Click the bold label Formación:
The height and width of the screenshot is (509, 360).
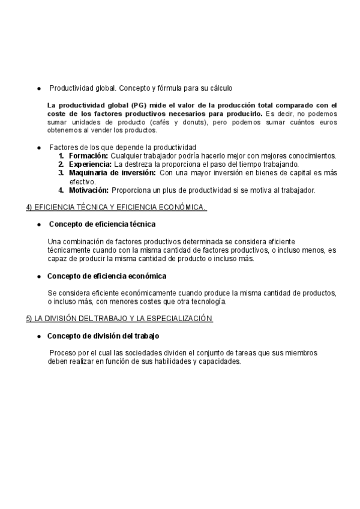point(88,156)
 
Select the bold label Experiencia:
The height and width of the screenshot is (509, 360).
point(90,164)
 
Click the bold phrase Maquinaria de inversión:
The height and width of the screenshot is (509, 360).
point(112,173)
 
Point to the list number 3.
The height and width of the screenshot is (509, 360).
point(61,173)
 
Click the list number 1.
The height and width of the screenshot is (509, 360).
point(61,156)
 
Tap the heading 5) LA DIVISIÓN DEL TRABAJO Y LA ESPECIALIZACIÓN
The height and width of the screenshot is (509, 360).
point(119,318)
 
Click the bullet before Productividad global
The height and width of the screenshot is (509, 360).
point(39,88)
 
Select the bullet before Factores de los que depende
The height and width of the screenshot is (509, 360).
point(39,147)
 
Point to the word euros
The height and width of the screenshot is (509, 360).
point(327,122)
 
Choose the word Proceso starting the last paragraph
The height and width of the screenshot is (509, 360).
point(64,353)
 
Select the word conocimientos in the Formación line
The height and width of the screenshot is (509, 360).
point(309,156)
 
